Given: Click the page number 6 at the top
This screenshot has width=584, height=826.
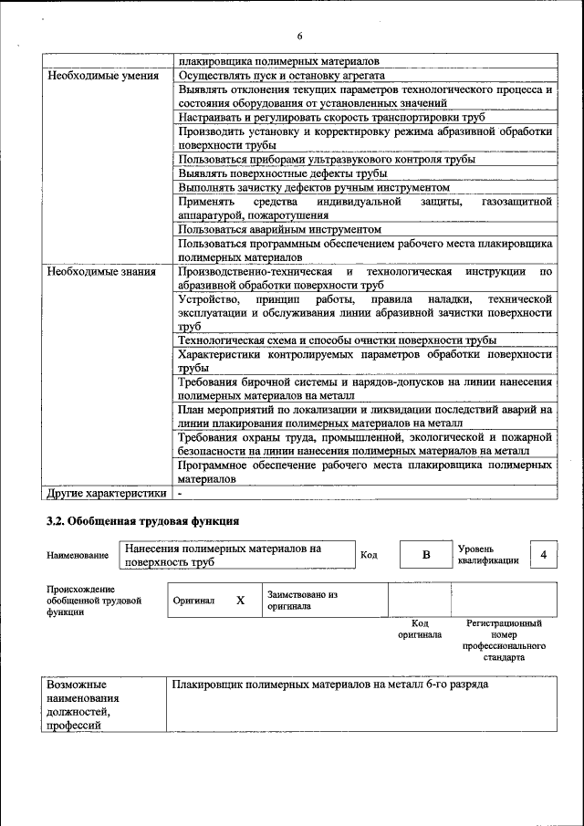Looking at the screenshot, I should (x=298, y=36).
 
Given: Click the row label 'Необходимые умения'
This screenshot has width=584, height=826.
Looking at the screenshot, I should (x=99, y=76).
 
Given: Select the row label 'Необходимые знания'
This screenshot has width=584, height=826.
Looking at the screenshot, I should (x=98, y=272).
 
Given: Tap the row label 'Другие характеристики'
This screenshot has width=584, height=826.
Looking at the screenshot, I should (x=106, y=494).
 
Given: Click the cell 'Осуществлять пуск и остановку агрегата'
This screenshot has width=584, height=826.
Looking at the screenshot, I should (x=281, y=76).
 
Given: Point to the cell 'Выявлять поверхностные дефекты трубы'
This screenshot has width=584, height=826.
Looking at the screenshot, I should (x=283, y=173).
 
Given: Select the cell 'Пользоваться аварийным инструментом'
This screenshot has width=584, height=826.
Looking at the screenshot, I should (x=280, y=230).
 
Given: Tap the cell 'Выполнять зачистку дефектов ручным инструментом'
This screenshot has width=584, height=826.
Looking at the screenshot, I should (x=314, y=187).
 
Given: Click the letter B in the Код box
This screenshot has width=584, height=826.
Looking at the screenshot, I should (x=425, y=555).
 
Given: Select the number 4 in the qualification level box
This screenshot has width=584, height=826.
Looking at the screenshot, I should (x=544, y=555).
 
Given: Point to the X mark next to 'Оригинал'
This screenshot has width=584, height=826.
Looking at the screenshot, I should (x=240, y=601).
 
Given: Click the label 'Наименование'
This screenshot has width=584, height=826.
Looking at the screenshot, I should (x=77, y=555).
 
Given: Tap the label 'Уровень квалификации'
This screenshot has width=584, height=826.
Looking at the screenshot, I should (x=488, y=554).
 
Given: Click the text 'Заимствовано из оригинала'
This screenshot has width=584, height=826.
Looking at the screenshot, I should (x=303, y=600).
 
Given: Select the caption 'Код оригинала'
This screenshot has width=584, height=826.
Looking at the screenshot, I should (x=420, y=629).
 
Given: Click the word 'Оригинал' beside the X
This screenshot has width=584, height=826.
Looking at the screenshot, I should (x=193, y=601).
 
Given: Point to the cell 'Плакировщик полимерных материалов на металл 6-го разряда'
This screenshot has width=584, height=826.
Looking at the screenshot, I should (x=330, y=684).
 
